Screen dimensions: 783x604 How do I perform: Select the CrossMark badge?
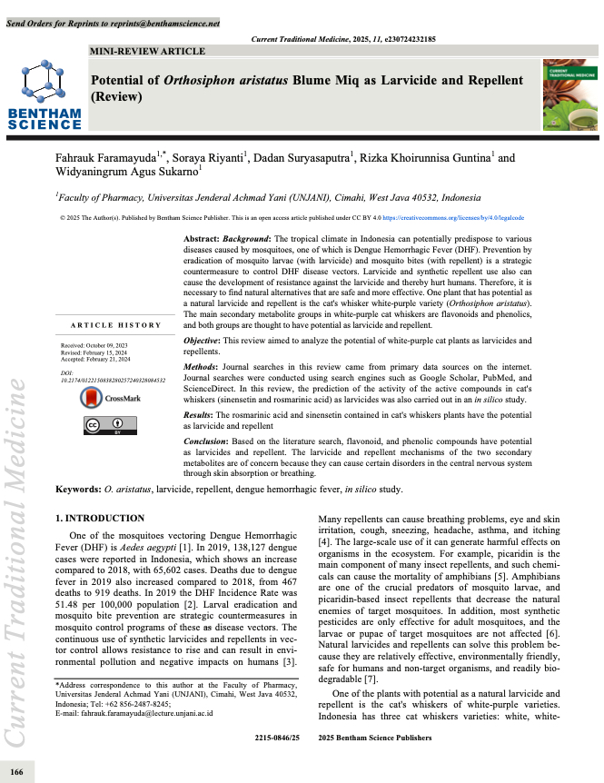pos(104,397)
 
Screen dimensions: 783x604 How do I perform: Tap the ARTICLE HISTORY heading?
pos(116,324)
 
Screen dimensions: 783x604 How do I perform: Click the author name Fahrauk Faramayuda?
pos(106,158)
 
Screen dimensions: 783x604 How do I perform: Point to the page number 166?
pos(16,771)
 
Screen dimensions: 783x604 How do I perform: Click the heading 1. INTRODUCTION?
pos(100,518)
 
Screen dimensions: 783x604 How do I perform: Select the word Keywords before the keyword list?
pos(78,489)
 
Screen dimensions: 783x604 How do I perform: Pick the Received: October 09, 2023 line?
pos(94,346)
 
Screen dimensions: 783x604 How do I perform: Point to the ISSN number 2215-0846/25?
pos(277,738)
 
